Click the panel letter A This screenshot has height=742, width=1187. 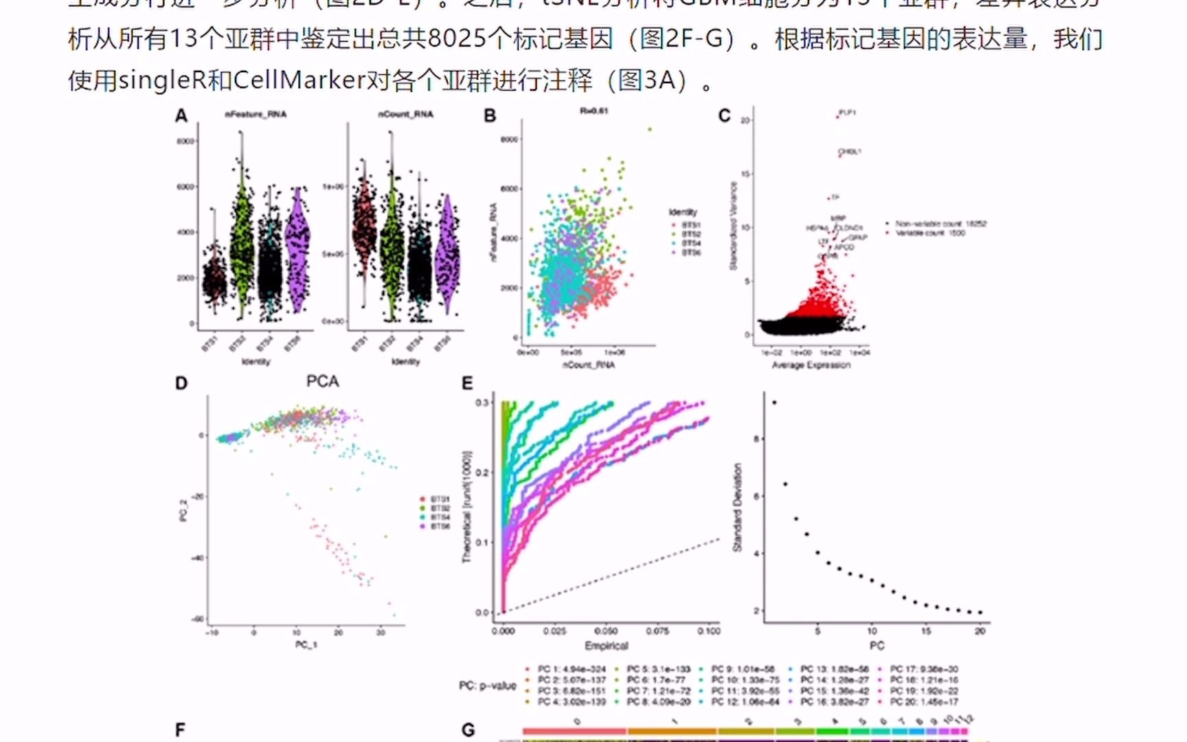[x=181, y=115]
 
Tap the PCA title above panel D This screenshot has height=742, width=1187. [x=322, y=381]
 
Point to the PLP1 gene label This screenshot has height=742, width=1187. [x=847, y=113]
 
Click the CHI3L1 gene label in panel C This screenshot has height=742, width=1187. [x=850, y=152]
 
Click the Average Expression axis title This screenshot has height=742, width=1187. [x=811, y=365]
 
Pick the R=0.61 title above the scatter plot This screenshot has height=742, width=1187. [x=593, y=111]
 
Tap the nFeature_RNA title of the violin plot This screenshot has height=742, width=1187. [x=256, y=114]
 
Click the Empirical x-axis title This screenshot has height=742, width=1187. [x=606, y=646]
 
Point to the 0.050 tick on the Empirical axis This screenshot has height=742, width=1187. [x=605, y=631]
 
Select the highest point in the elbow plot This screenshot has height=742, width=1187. [x=774, y=403]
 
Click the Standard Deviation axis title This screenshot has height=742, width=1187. [x=737, y=507]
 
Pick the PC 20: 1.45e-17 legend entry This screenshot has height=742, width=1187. [x=924, y=702]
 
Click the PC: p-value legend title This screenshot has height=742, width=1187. [x=487, y=686]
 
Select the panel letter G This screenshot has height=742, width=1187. [x=468, y=730]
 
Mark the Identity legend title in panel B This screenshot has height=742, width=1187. [x=682, y=212]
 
